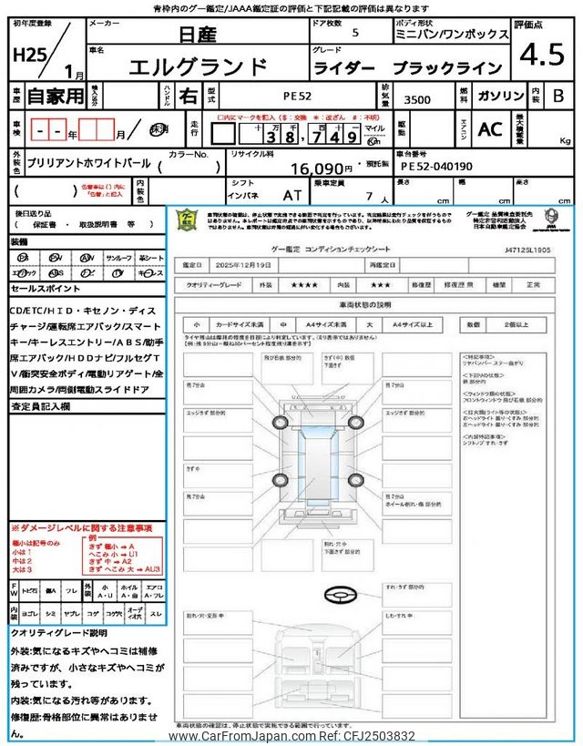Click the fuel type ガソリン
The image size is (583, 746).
pyautogui.click(x=499, y=95)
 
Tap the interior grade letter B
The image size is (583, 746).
pyautogui.click(x=558, y=95)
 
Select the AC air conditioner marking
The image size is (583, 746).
pyautogui.click(x=490, y=129)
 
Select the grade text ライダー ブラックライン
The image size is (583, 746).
pyautogui.click(x=407, y=68)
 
